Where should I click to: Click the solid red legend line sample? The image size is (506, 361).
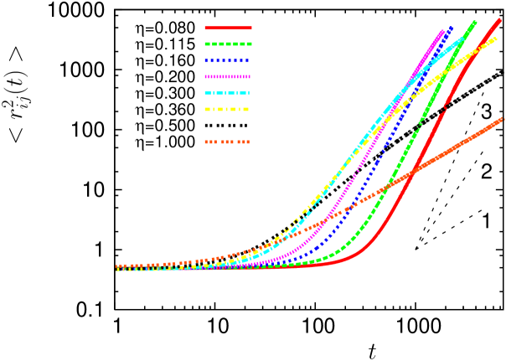(x=228, y=28)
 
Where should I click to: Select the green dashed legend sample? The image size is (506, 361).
(x=228, y=44)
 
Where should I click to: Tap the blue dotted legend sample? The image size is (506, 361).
(x=228, y=60)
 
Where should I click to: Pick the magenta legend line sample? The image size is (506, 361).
(x=228, y=76)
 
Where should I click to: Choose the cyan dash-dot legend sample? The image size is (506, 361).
(x=228, y=93)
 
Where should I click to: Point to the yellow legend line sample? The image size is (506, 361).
(x=228, y=109)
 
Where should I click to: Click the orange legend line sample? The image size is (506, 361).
(x=228, y=142)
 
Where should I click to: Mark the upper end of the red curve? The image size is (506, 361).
(x=500, y=19)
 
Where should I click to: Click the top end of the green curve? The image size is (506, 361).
(x=475, y=22)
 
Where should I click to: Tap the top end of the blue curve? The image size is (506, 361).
(x=452, y=27)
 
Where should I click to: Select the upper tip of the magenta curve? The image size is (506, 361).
(x=442, y=31)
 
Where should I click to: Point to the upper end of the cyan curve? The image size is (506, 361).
(x=464, y=36)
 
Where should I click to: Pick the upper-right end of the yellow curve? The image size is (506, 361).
(x=496, y=38)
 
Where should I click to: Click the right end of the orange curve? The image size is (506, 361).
(x=503, y=119)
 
